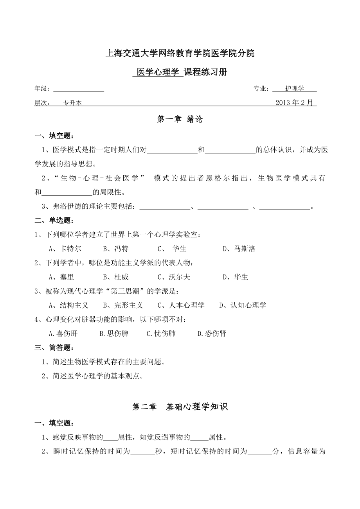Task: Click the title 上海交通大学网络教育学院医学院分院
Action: point(180,54)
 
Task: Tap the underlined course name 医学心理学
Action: point(158,72)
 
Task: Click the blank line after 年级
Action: point(78,89)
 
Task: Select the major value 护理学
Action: point(294,89)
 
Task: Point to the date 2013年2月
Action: point(294,103)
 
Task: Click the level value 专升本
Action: point(72,103)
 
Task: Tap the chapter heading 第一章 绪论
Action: point(180,120)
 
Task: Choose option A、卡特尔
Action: point(65,249)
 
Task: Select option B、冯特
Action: point(116,249)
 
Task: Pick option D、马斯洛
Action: point(239,249)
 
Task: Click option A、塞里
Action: point(61,277)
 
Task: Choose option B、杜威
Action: point(116,277)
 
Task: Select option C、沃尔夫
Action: point(174,277)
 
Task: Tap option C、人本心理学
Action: point(181,305)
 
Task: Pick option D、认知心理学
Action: point(243,305)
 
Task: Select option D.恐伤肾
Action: point(212,334)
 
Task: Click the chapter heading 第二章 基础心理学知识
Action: point(180,407)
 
